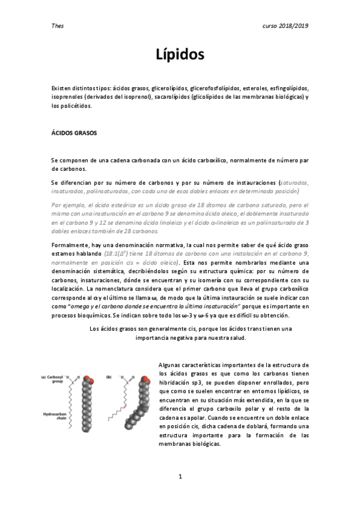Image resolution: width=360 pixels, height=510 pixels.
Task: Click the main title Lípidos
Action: [180, 55]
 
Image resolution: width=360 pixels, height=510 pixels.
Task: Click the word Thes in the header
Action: [58, 26]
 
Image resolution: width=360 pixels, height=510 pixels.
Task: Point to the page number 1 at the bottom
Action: [180, 477]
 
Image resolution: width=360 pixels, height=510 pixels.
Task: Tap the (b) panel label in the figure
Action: [108, 377]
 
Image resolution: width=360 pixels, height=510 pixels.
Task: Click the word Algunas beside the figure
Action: [170, 365]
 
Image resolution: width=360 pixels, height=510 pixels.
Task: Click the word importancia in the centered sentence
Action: [153, 337]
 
